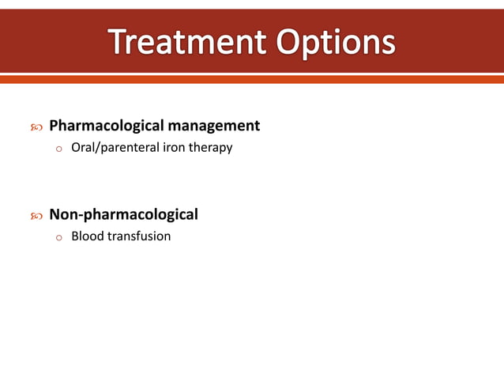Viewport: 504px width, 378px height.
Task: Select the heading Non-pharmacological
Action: click(123, 214)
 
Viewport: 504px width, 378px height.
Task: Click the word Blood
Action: click(86, 236)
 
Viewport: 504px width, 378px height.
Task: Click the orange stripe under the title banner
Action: click(252, 79)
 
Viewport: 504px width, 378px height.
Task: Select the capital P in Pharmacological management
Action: click(54, 126)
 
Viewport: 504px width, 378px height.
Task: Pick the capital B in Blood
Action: click(75, 236)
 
